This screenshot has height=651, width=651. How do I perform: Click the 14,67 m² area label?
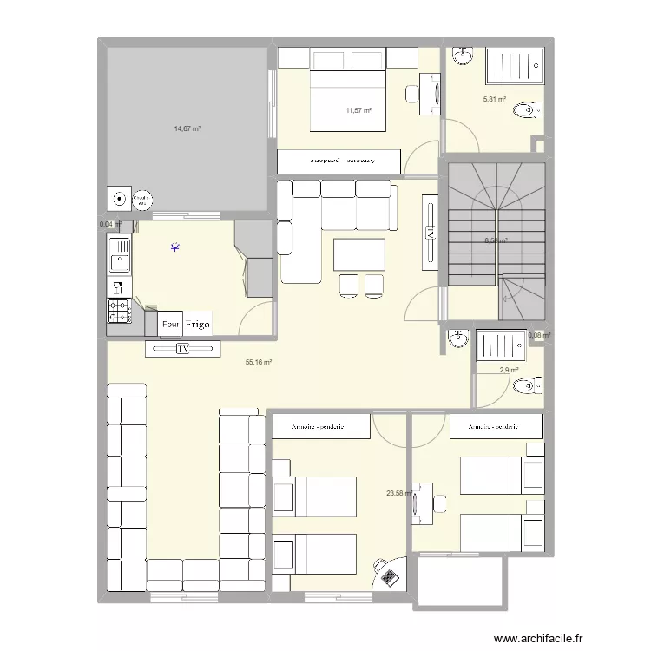point(187,128)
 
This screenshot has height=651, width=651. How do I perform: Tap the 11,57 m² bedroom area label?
point(358,110)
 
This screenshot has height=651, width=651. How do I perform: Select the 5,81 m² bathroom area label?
point(495,100)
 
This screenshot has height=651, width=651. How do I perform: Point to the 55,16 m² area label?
point(260,362)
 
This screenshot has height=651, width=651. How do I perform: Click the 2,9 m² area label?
point(509,371)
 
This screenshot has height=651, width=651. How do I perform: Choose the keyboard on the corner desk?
point(388,574)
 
